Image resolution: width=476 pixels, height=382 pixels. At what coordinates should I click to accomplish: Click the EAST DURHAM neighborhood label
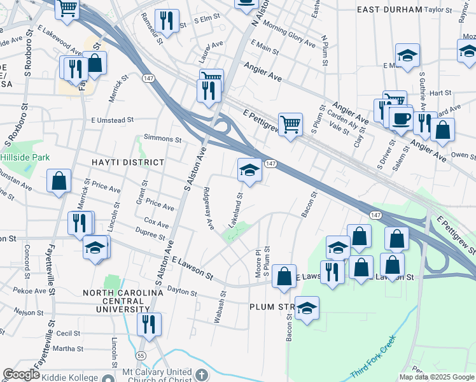tap(389, 10)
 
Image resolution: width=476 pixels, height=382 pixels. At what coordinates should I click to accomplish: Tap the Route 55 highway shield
tap(140, 355)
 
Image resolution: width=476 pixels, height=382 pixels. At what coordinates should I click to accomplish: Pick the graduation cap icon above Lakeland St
tap(249, 169)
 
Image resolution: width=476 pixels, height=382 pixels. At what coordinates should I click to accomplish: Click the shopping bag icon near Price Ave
tap(59, 180)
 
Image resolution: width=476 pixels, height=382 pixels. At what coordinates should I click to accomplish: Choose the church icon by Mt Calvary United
tap(202, 375)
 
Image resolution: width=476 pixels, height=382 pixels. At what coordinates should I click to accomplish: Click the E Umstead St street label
tap(112, 120)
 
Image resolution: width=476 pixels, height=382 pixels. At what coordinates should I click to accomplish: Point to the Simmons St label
tap(163, 138)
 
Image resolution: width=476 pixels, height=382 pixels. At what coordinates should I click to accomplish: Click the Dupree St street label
tap(150, 236)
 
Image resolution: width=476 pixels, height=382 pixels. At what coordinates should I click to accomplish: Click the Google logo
tap(22, 374)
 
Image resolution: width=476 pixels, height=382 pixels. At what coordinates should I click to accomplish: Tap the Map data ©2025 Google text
tap(436, 376)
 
